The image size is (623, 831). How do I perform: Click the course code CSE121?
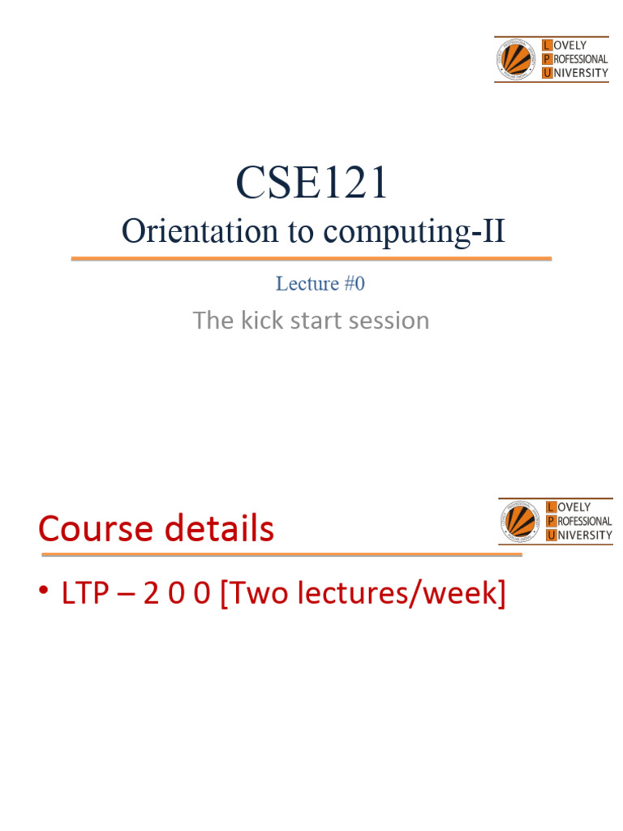click(312, 183)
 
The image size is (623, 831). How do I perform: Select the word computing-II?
click(414, 232)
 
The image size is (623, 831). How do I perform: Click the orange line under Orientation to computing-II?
click(311, 259)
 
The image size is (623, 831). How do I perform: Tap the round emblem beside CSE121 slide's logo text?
click(516, 59)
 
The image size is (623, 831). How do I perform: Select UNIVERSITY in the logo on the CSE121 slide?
click(580, 73)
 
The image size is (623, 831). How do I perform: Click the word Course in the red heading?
click(96, 529)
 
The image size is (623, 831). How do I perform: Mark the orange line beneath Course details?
click(281, 555)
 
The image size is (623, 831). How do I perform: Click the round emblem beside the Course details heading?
click(520, 522)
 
